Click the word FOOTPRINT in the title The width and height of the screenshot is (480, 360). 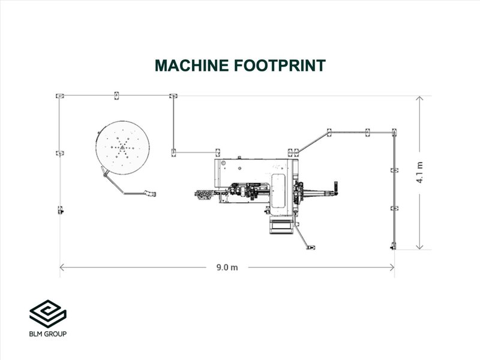click(x=281, y=65)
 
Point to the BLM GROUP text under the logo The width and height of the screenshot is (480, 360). click(x=48, y=334)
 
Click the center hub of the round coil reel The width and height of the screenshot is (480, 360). click(x=123, y=147)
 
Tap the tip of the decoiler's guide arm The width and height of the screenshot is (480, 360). click(x=151, y=193)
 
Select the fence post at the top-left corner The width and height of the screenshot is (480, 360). click(x=59, y=95)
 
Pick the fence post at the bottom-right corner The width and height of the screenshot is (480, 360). click(x=394, y=245)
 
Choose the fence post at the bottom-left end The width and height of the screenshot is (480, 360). click(x=59, y=210)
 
